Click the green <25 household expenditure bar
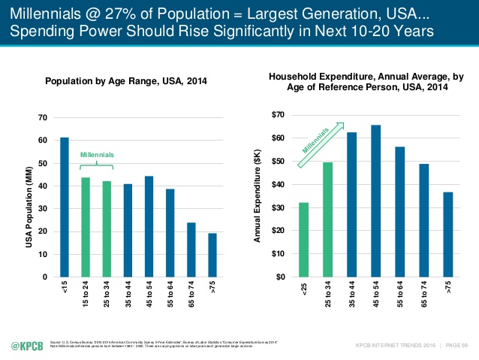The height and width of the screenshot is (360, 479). point(303,240)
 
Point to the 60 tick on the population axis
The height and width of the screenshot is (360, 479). point(43,141)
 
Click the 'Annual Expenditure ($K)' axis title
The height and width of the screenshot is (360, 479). point(258,198)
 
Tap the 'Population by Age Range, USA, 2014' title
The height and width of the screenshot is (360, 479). point(126,81)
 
